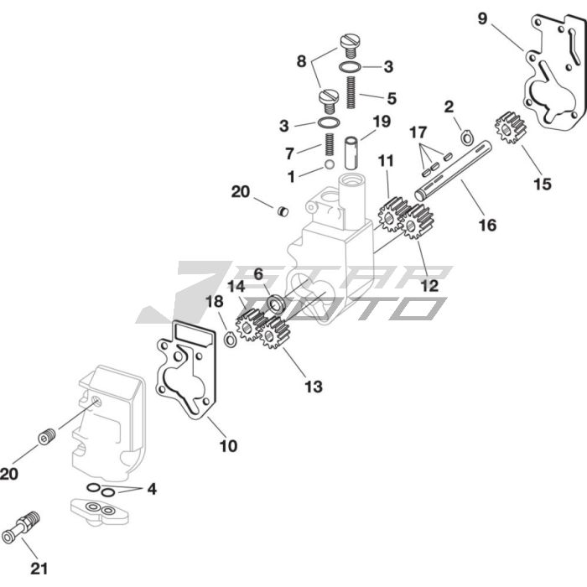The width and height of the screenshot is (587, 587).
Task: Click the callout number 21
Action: click(x=39, y=569)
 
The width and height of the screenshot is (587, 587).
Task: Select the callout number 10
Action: click(x=228, y=446)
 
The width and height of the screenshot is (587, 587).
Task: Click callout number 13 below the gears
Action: click(x=313, y=387)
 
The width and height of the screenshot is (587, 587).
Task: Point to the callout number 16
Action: click(x=487, y=225)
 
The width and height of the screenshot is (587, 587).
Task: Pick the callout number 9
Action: click(x=482, y=18)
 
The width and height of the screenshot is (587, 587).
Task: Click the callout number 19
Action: click(x=382, y=122)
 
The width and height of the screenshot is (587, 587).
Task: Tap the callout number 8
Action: click(x=301, y=60)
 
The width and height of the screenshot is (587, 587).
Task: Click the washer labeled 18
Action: click(x=229, y=340)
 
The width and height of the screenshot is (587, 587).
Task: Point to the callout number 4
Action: click(x=151, y=489)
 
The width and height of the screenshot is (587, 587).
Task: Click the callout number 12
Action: click(x=429, y=285)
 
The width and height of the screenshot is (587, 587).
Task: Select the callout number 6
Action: click(x=258, y=273)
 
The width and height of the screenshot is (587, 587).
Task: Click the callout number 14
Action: click(x=236, y=286)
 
